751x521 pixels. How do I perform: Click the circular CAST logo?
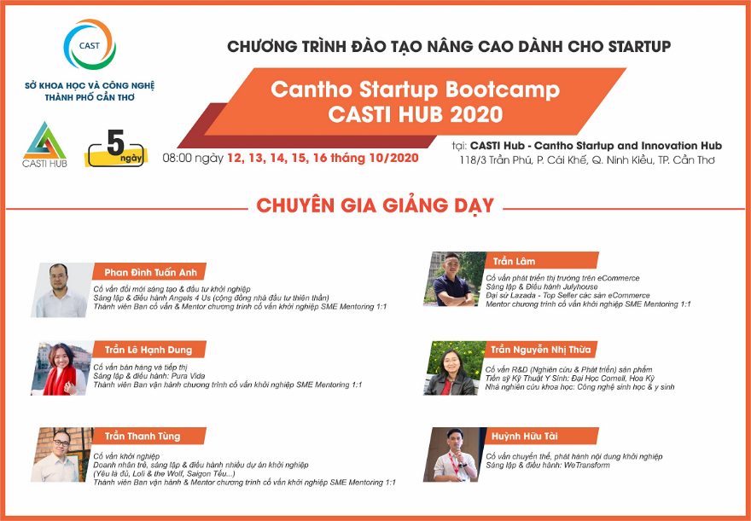click(x=90, y=44)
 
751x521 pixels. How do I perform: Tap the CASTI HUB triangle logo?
click(x=44, y=141)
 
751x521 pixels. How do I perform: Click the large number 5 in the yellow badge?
click(x=115, y=142)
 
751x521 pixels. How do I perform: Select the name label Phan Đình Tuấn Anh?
click(x=151, y=272)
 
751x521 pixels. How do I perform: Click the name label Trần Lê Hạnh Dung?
click(x=148, y=350)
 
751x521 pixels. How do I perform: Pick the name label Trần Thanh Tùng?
click(x=143, y=436)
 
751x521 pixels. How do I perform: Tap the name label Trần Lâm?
click(x=514, y=261)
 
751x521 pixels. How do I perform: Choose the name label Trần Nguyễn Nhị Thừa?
click(x=540, y=350)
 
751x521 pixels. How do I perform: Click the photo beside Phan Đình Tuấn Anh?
click(x=62, y=290)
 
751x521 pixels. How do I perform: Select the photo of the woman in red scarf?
click(x=62, y=368)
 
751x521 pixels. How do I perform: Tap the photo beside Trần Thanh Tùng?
click(x=62, y=454)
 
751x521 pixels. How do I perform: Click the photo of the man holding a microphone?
click(x=455, y=454)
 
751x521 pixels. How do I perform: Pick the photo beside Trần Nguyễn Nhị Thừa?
click(x=455, y=368)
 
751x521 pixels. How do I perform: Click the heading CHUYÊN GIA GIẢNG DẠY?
click(x=375, y=206)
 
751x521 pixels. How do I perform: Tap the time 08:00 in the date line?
click(x=178, y=158)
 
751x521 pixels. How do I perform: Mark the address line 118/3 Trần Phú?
click(x=587, y=160)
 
